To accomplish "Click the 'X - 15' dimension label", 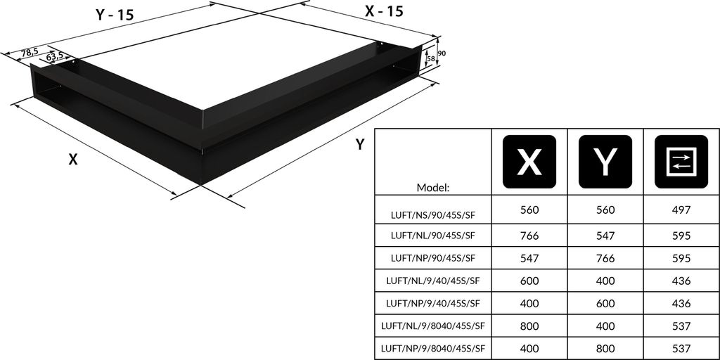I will pyautogui.click(x=384, y=11).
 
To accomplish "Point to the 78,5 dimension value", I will pyautogui.click(x=29, y=52).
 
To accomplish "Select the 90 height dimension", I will pyautogui.click(x=442, y=53).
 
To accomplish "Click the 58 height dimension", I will pyautogui.click(x=431, y=58).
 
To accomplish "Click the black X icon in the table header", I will pyautogui.click(x=529, y=162).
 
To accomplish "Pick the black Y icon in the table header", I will pyautogui.click(x=605, y=162).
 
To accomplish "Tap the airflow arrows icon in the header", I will pyautogui.click(x=681, y=162).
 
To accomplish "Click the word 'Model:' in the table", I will pyautogui.click(x=433, y=188).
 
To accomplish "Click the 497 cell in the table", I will pyautogui.click(x=681, y=210).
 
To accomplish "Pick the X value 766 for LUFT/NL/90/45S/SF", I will pyautogui.click(x=529, y=235).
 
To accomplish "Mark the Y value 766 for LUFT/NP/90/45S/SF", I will pyautogui.click(x=605, y=257).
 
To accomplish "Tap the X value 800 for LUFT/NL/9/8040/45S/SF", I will pyautogui.click(x=529, y=326).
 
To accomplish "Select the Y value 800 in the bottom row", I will pyautogui.click(x=605, y=348).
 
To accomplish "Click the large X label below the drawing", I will pyautogui.click(x=72, y=160).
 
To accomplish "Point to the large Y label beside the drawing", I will pyautogui.click(x=360, y=145).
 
